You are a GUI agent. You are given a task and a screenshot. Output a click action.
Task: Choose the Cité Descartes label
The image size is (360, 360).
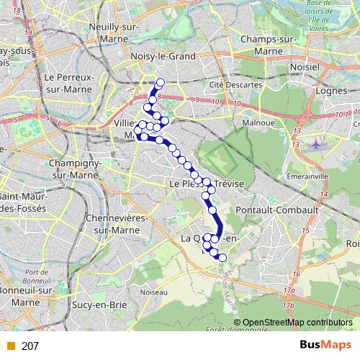235,84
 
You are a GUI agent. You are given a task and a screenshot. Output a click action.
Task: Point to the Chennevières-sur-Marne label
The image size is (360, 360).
116,222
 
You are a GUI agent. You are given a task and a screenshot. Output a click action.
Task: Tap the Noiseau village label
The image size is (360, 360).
153,292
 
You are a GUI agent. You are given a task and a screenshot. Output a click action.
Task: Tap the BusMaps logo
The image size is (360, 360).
325,345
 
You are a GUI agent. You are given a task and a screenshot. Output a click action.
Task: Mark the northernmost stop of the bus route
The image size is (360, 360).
160,82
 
